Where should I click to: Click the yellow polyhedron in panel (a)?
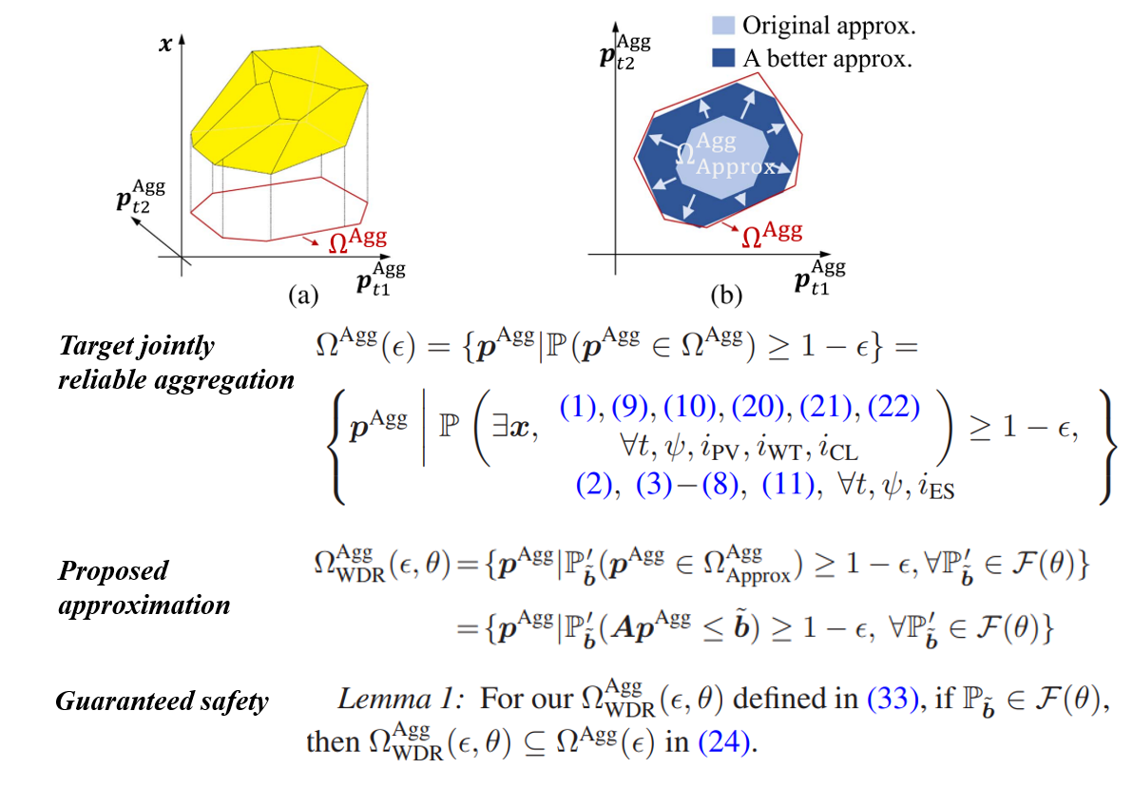pyautogui.click(x=276, y=105)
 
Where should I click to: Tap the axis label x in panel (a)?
pyautogui.click(x=165, y=42)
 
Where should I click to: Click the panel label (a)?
pyautogui.click(x=302, y=296)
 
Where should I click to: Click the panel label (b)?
pyautogui.click(x=725, y=296)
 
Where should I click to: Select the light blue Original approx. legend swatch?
pyautogui.click(x=724, y=26)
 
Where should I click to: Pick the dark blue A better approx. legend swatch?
pyautogui.click(x=724, y=58)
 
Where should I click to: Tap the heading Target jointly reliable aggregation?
pyautogui.click(x=176, y=363)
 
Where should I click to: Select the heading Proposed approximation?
pyautogui.click(x=144, y=587)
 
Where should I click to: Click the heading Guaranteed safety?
pyautogui.click(x=162, y=702)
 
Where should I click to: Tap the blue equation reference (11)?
pyautogui.click(x=790, y=485)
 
